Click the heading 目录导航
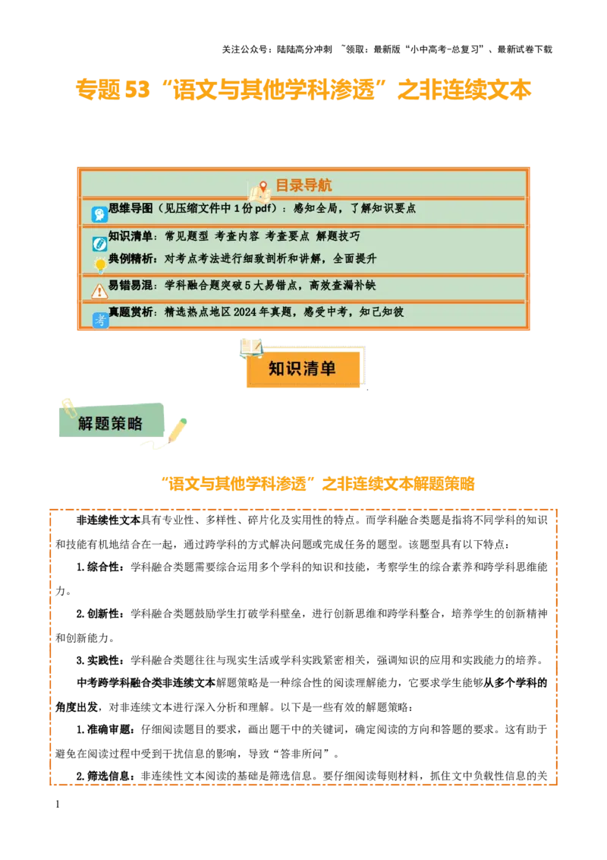(x=303, y=185)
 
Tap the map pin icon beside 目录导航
(x=263, y=187)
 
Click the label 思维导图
(x=131, y=208)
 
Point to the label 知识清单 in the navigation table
(x=131, y=236)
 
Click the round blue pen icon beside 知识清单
(x=99, y=244)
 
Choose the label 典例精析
(x=131, y=258)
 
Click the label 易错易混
(x=131, y=286)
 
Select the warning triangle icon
(x=99, y=291)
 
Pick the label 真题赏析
(x=131, y=312)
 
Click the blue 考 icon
(x=100, y=321)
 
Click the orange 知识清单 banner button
(x=302, y=369)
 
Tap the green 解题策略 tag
(x=111, y=423)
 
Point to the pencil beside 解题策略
(x=177, y=429)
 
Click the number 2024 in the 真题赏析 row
(x=246, y=312)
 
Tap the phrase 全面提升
(x=355, y=258)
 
